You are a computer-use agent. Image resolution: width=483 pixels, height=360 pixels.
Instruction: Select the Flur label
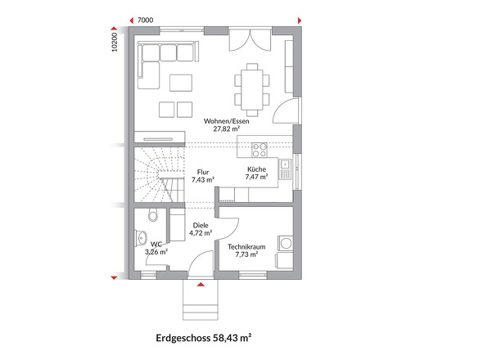coord(202,172)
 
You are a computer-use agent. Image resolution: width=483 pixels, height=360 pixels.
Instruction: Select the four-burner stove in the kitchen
coord(259,150)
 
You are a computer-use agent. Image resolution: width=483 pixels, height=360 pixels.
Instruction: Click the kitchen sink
coord(283,169)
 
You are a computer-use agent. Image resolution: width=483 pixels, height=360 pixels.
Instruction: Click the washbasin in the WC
coord(141,240)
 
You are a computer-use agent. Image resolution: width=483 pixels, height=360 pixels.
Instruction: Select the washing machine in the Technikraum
coord(285,242)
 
